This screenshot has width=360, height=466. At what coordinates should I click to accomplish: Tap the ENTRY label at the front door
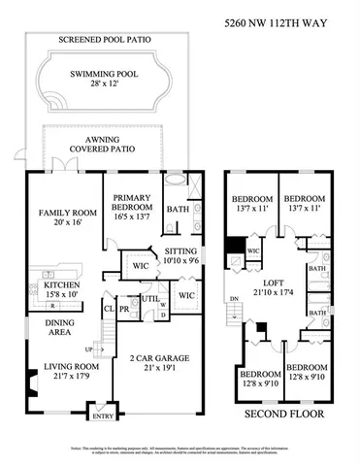click(102, 416)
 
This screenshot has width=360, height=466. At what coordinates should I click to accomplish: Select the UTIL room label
click(150, 300)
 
